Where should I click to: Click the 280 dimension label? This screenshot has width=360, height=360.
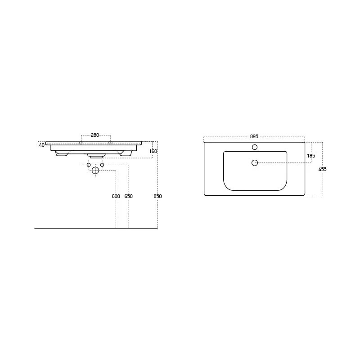pyautogui.click(x=95, y=135)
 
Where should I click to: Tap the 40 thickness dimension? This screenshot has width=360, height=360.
pyautogui.click(x=41, y=145)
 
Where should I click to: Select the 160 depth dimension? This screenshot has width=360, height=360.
pyautogui.click(x=153, y=151)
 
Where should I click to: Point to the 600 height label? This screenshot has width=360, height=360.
pyautogui.click(x=116, y=196)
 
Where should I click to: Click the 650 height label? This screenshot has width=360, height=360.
pyautogui.click(x=128, y=196)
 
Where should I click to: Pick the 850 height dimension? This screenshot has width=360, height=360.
pyautogui.click(x=157, y=196)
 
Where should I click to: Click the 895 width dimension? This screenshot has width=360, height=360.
pyautogui.click(x=254, y=136)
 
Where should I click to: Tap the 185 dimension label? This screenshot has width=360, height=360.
pyautogui.click(x=311, y=156)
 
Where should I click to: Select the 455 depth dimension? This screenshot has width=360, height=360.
pyautogui.click(x=322, y=169)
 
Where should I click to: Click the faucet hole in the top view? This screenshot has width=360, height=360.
pyautogui.click(x=255, y=147)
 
